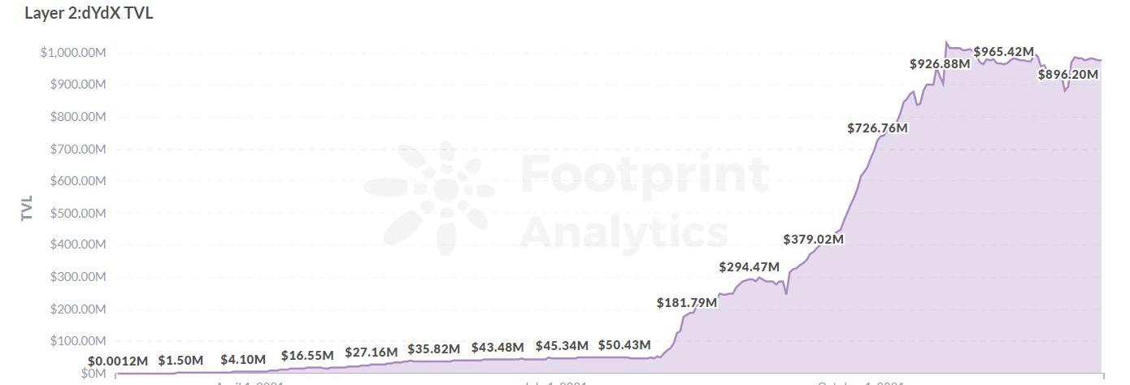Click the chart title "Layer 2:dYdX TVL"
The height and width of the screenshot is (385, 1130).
89,13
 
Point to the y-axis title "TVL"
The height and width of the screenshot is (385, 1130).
27,208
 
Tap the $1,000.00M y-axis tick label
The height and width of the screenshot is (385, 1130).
73,53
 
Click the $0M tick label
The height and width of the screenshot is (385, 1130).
93,373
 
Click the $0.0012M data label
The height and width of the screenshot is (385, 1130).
118,361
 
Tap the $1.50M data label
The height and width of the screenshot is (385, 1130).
180,360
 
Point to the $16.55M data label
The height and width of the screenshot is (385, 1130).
307,356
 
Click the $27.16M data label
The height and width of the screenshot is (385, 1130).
371,353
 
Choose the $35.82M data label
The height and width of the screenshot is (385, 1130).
434,349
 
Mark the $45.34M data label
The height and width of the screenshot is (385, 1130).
561,346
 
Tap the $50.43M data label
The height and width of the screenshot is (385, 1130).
624,345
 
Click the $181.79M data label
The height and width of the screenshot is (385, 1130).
687,303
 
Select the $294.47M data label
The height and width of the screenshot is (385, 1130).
749,267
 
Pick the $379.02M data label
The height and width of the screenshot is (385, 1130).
813,240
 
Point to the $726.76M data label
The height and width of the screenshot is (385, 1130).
877,128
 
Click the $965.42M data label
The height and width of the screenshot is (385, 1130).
1003,52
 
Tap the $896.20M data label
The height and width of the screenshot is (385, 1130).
1067,75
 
